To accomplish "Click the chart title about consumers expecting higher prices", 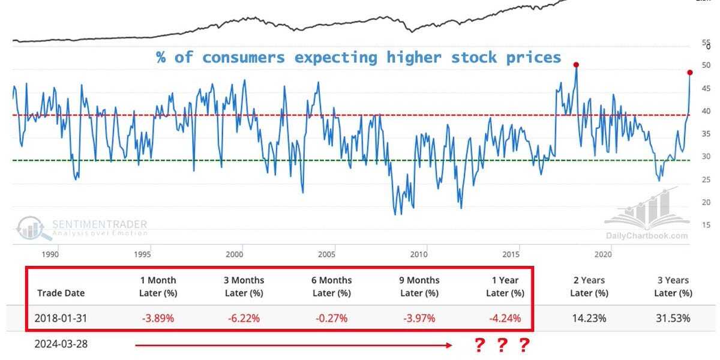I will point(359,58).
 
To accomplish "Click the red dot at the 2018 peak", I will point(576,65).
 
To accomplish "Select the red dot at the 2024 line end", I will point(689,73).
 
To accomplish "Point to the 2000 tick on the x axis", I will point(242,254).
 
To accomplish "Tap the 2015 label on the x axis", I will point(519,254).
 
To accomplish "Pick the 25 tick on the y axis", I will point(706,180).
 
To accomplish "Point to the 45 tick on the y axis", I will point(706,89).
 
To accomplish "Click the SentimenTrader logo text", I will point(99,225).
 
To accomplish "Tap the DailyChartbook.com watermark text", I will point(646,236).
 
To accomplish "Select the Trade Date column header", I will point(61,293).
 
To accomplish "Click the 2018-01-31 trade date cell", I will point(61,318).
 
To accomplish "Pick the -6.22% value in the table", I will point(244,318).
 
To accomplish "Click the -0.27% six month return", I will point(332,318).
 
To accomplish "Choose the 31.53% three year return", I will point(673,318).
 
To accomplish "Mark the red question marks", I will point(502,346).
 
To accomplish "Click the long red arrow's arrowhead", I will point(449,345).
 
